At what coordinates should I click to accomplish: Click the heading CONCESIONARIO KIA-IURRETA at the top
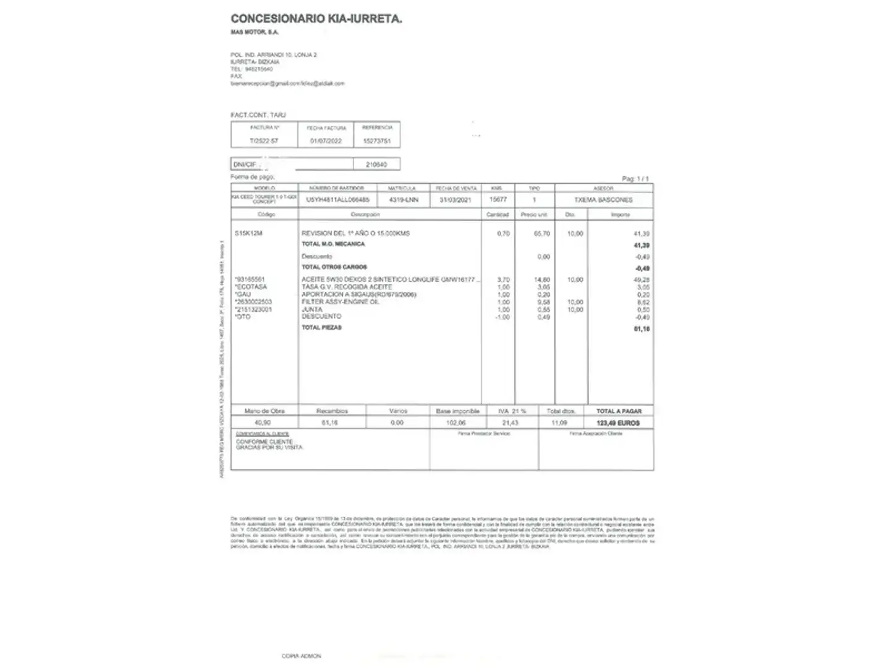coord(316,19)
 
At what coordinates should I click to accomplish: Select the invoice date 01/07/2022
coord(326,141)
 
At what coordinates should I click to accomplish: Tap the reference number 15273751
coord(377,141)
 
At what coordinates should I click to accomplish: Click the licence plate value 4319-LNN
coord(404,200)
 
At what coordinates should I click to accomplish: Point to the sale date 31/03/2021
coord(456,200)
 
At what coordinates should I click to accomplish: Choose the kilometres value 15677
coord(498,200)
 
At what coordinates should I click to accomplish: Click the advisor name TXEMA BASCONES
coord(603,200)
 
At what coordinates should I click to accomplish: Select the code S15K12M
coord(248,233)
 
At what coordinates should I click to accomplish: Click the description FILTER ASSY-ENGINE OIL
coord(340,302)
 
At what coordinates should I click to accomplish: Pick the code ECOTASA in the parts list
coord(251,287)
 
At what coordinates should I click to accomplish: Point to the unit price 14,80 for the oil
coord(542,280)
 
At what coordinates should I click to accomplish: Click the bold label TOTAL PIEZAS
coord(321,328)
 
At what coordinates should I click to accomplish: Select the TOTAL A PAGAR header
coord(619,411)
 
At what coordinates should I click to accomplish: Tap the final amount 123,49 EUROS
coord(618,423)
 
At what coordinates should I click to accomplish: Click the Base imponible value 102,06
coord(456,423)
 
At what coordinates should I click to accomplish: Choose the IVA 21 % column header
coord(512,411)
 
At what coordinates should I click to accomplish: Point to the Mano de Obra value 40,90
coord(263,423)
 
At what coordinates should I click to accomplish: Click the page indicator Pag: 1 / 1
coord(635,179)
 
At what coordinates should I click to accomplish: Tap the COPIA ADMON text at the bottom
coord(301,656)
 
